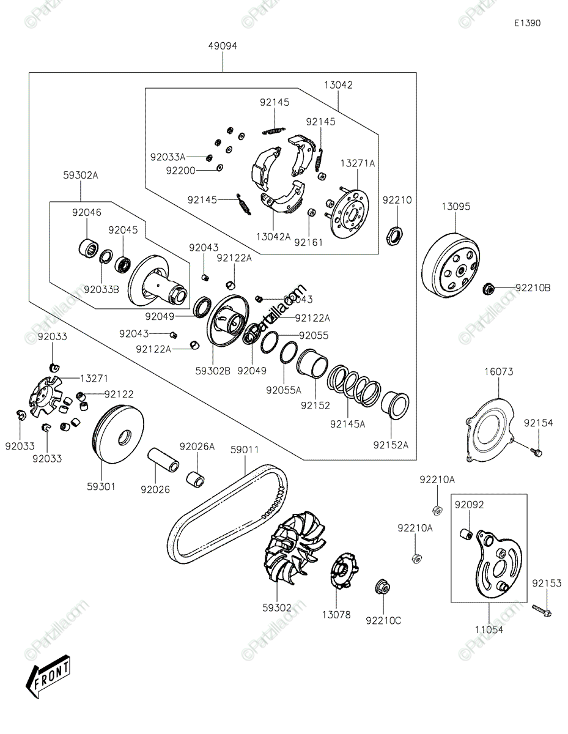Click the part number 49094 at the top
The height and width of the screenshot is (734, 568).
coord(222,46)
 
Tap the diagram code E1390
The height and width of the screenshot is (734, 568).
coord(526,23)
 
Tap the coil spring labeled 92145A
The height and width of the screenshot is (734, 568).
coord(354,386)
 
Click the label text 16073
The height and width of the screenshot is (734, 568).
coord(499,371)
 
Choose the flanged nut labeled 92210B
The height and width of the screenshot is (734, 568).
coord(489,287)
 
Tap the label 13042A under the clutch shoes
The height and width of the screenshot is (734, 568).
coord(273,237)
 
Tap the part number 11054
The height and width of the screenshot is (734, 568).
coord(490,629)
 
